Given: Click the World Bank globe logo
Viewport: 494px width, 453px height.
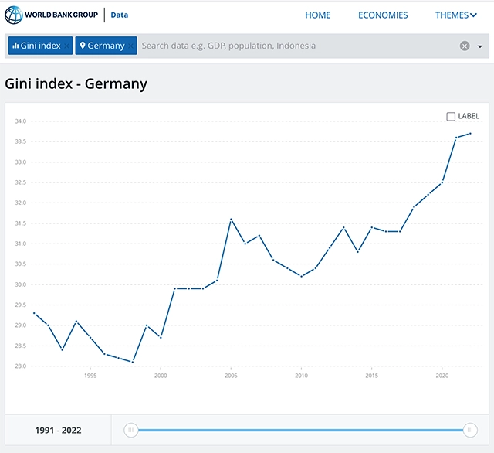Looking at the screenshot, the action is coord(14,15).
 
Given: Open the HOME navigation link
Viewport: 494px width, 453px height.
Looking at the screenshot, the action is coord(317,15).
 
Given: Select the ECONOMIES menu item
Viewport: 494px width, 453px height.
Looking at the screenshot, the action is coord(383,15).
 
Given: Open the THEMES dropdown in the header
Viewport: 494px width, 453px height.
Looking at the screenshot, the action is coord(456,15).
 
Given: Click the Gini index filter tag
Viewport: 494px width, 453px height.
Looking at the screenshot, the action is coord(40,46).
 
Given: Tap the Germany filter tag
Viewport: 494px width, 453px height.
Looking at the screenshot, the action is coord(106,46).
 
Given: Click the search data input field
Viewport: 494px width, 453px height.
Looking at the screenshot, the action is coord(296,46).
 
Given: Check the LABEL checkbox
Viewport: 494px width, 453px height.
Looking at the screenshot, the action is coord(451,117).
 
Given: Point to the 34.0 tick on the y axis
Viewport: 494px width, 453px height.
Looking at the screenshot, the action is coord(21,121).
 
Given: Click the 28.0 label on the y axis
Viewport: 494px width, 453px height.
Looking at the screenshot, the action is coord(21,366).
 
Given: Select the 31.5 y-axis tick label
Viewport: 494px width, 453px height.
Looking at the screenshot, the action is coord(21,223).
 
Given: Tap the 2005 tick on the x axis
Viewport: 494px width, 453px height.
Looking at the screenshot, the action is coord(231,376).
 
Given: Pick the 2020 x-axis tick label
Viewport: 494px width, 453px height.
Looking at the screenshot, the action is coord(442,376).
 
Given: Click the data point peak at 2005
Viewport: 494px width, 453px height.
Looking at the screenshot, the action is coord(232,220).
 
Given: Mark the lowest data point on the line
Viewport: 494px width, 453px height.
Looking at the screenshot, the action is coord(133,362).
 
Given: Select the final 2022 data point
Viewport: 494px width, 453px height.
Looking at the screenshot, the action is coord(470,134).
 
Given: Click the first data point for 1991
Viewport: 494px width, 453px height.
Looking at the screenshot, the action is coord(34,313).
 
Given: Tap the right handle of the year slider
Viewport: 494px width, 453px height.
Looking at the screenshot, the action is coord(470,430).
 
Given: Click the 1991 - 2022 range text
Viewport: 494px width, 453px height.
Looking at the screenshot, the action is coord(58,431).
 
